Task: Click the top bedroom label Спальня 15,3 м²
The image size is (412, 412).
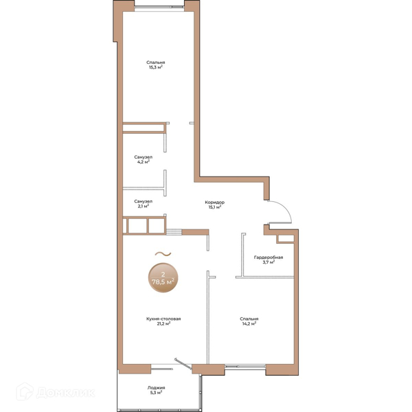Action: [156, 65]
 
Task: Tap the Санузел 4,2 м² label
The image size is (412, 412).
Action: [144, 159]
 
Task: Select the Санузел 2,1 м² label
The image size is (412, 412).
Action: [144, 204]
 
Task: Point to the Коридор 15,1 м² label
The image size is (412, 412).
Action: [215, 205]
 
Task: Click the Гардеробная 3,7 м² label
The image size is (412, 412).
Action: [268, 260]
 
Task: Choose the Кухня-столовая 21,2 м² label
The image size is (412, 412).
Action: [163, 321]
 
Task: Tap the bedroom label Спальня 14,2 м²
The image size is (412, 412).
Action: [249, 321]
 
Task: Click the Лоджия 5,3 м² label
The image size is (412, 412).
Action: [156, 390]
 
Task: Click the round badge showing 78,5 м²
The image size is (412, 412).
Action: [163, 277]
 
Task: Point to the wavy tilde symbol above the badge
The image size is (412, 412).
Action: [163, 254]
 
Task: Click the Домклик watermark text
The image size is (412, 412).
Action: [65, 393]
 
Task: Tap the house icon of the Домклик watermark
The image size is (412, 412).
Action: [25, 391]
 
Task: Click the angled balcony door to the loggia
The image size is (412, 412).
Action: [183, 364]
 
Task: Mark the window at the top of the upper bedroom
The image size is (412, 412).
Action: [159, 8]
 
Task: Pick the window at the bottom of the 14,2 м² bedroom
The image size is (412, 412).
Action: [245, 366]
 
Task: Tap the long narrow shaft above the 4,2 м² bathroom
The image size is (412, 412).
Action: [144, 128]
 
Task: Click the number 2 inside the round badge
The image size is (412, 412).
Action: [163, 275]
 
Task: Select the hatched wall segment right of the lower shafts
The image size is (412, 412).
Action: [174, 232]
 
